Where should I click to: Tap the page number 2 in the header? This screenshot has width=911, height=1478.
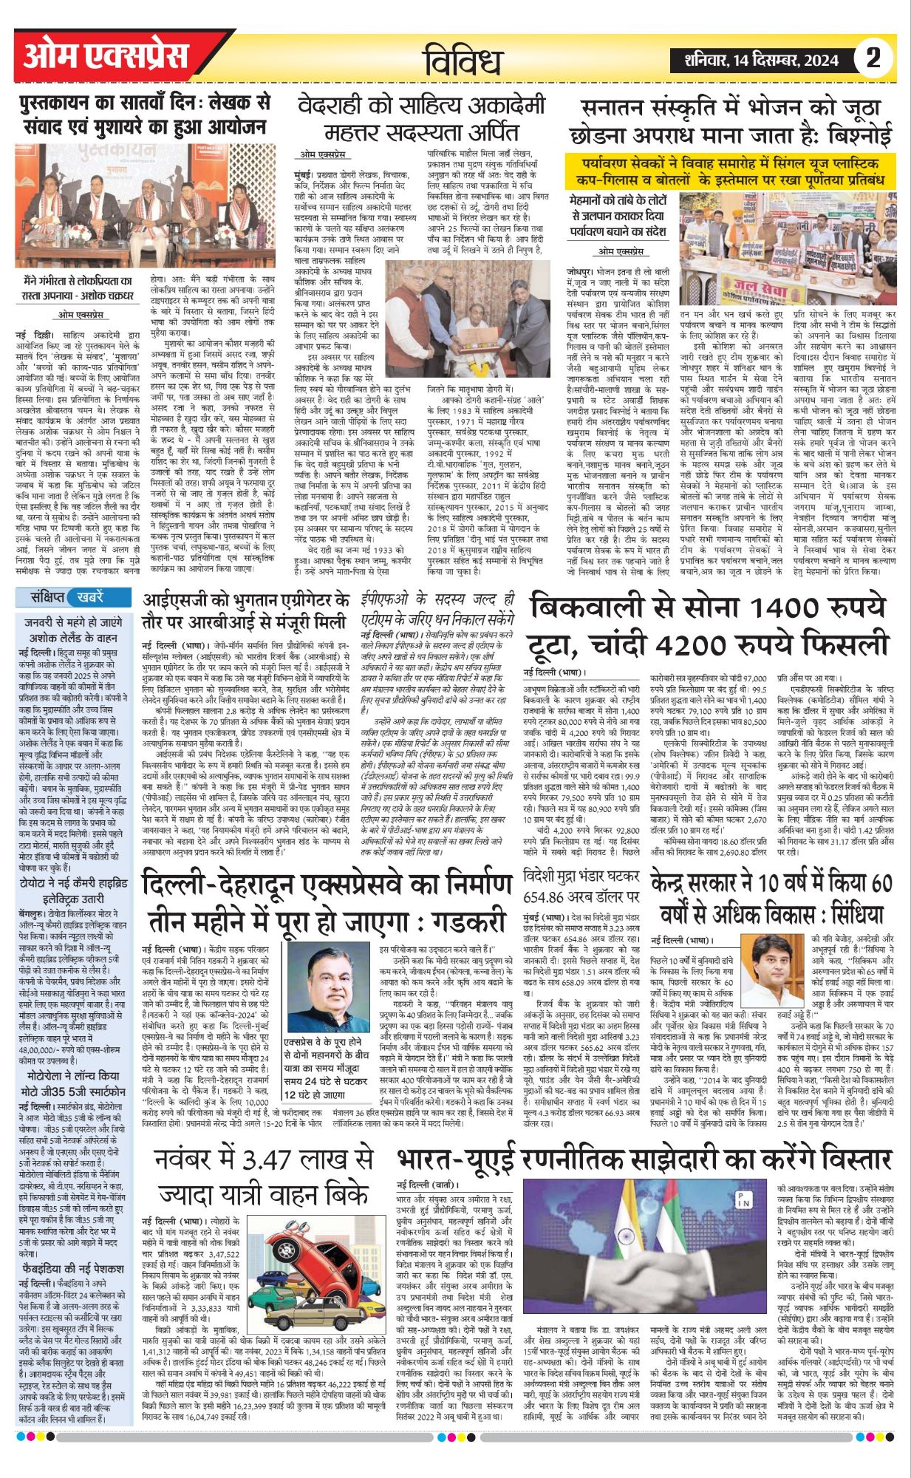pos(874,58)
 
